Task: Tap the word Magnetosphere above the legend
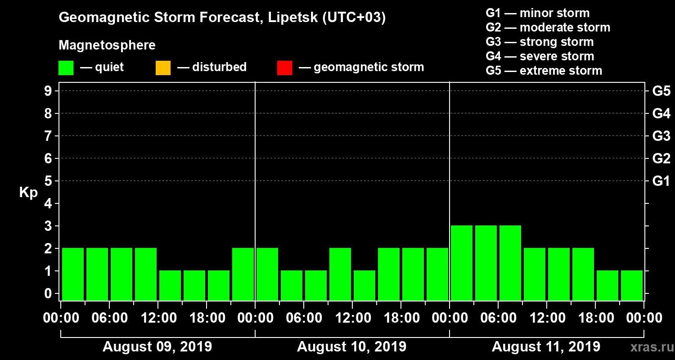pyautogui.click(x=107, y=45)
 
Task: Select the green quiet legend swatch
pyautogui.click(x=66, y=68)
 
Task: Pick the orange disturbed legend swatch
pyautogui.click(x=163, y=68)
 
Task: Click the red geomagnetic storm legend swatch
pyautogui.click(x=284, y=68)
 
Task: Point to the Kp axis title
pyautogui.click(x=28, y=193)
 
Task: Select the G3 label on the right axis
pyautogui.click(x=661, y=136)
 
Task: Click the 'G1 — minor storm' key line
pyautogui.click(x=537, y=13)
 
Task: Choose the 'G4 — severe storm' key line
pyautogui.click(x=540, y=56)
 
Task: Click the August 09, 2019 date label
pyautogui.click(x=157, y=347)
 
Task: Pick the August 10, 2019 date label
pyautogui.click(x=351, y=347)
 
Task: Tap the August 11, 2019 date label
pyautogui.click(x=546, y=347)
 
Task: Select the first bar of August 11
pyautogui.click(x=462, y=263)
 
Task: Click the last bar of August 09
pyautogui.click(x=243, y=274)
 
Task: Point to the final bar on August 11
pyautogui.click(x=632, y=285)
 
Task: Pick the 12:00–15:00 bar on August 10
pyautogui.click(x=364, y=285)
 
